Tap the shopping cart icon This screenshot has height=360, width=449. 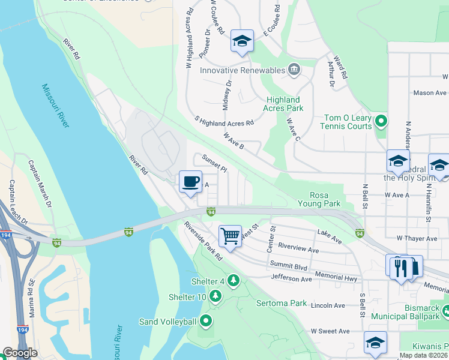230,236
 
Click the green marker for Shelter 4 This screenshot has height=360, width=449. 233,280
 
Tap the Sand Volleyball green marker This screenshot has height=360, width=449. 206,322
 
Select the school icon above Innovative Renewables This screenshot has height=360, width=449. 242,41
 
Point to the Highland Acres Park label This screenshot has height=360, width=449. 283,104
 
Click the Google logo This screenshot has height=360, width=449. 20,353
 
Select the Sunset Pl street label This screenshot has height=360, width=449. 214,163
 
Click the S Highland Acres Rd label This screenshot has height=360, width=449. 224,122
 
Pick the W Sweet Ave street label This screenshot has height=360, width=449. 330,331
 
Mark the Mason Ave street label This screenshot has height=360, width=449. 430,93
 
